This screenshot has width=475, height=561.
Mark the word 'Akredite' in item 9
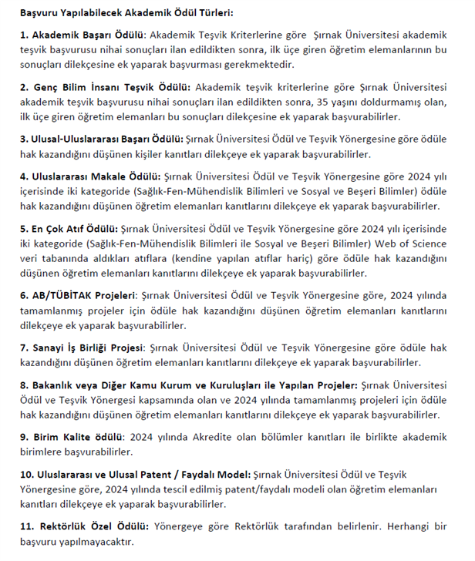[x=241, y=437]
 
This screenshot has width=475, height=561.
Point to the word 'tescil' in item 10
[x=187, y=489]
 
